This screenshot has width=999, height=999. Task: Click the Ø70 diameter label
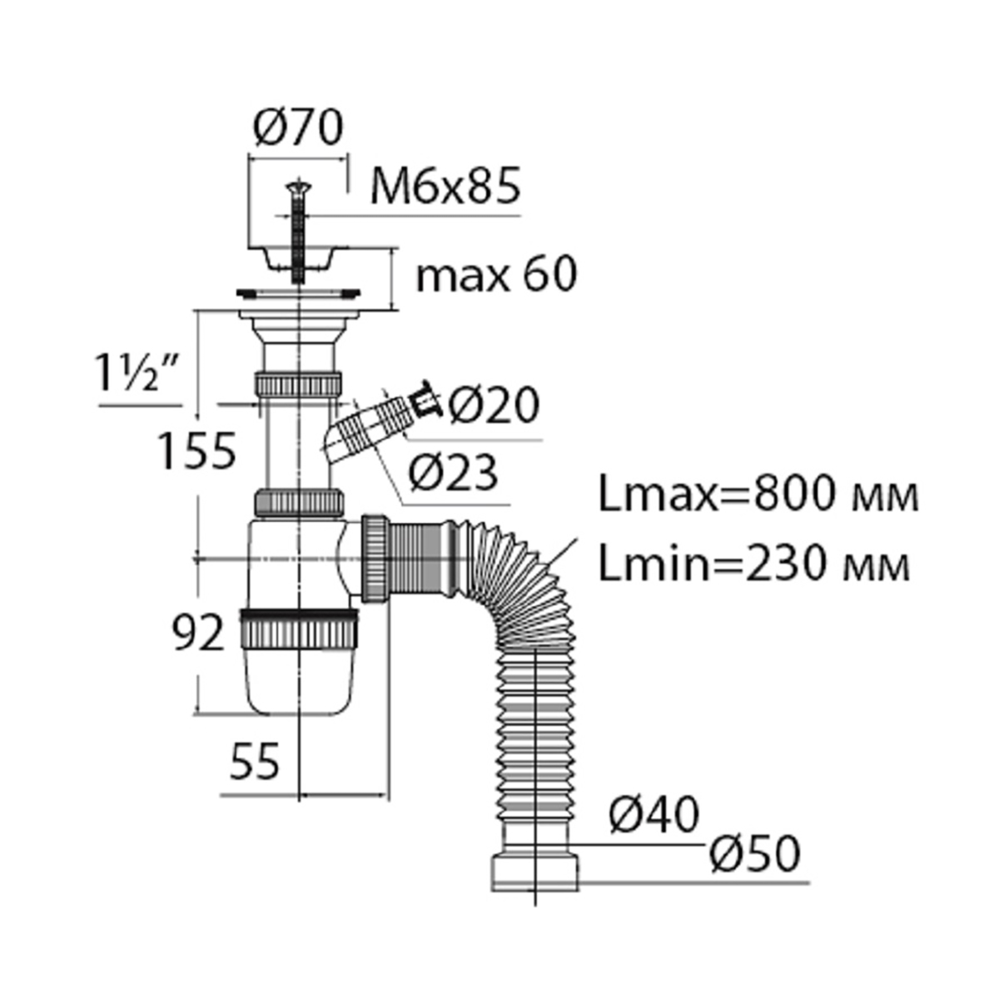[x=298, y=128]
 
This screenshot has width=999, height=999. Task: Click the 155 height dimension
[x=197, y=451]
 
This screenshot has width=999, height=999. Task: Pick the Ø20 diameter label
[x=494, y=405]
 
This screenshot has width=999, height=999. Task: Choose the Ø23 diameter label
[x=453, y=474]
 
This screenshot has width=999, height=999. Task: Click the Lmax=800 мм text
[x=758, y=495]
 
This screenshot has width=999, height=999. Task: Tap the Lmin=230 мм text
[x=754, y=564]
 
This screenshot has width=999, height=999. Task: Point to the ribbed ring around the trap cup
[x=299, y=628]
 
